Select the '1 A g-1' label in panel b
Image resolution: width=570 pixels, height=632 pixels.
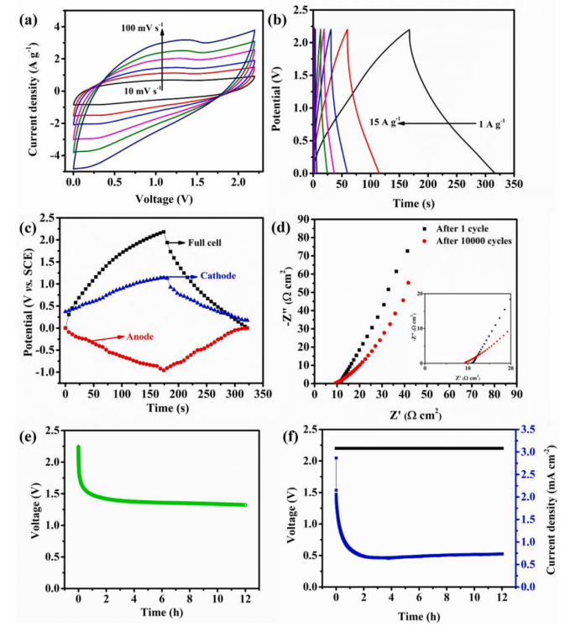pos(490,123)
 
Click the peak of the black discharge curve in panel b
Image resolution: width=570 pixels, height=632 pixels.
pos(409,30)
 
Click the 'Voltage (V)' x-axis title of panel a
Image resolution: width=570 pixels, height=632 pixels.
pos(162,201)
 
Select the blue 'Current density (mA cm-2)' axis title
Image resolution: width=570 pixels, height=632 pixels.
pos(557,507)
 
